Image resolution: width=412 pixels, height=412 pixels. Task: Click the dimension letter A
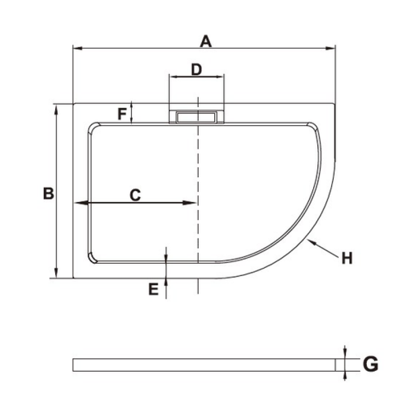coord(205,41)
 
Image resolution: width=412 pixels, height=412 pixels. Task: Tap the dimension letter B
coord(48,194)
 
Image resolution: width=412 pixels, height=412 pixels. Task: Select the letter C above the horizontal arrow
coord(135,195)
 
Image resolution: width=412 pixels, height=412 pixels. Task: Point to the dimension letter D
coord(197,70)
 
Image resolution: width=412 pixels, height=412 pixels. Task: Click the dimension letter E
coord(153,289)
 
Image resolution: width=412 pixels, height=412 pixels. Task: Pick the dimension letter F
coord(122,114)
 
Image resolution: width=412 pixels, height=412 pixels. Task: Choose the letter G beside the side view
coord(370,364)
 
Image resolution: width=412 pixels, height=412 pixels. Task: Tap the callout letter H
coord(347,258)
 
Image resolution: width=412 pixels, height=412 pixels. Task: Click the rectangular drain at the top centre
coord(197,117)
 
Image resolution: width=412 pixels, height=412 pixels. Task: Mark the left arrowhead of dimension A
coord(78,48)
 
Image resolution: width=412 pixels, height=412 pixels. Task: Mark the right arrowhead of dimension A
coord(330,48)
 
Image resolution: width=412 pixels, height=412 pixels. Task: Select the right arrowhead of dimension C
coord(190,202)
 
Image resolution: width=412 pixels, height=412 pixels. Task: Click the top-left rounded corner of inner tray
coord(93,128)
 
